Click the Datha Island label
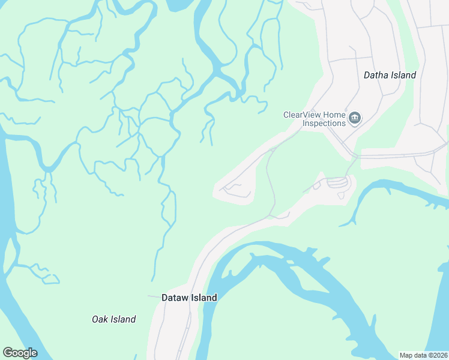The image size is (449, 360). [390, 76]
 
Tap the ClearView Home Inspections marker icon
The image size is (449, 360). [355, 118]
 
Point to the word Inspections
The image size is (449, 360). [324, 123]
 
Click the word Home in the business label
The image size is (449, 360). [334, 115]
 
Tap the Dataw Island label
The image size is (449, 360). [189, 298]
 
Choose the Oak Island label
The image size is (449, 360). [113, 319]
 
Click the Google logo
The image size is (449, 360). [20, 353]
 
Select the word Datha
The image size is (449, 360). [376, 76]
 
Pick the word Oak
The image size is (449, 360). [100, 319]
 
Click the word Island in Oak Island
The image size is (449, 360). [122, 319]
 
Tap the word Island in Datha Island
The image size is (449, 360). [403, 76]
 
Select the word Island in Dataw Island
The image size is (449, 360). [204, 298]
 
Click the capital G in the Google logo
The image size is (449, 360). [8, 353]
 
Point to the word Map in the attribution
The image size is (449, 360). [406, 355]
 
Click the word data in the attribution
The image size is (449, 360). [420, 355]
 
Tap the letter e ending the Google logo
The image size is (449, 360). [34, 353]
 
